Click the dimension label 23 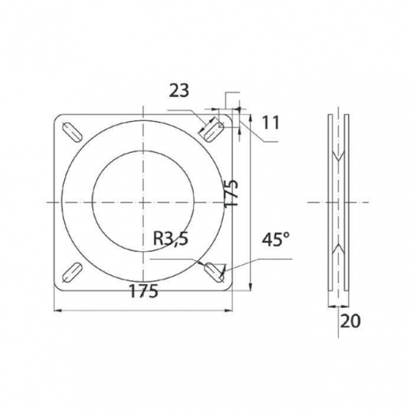(179, 91)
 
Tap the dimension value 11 (271, 123)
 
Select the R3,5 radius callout (170, 239)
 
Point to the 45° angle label (276, 239)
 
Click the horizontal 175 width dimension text (144, 291)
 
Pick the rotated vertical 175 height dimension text (232, 194)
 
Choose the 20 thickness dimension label (350, 321)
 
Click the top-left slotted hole (72, 133)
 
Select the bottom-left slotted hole (72, 273)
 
